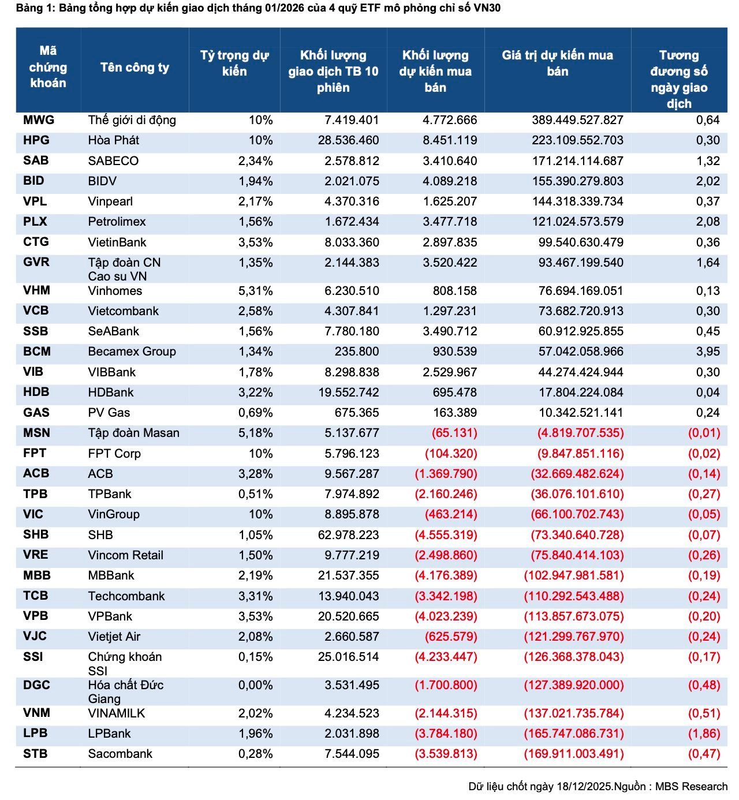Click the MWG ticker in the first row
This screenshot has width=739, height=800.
click(x=39, y=120)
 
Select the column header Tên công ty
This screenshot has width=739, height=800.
click(x=135, y=68)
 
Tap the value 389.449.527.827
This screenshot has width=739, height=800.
click(x=577, y=120)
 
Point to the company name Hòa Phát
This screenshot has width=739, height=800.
click(x=113, y=140)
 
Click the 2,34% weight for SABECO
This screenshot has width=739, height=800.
click(x=255, y=161)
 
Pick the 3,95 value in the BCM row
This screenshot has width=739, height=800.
click(x=708, y=352)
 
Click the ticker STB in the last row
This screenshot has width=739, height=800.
click(x=35, y=754)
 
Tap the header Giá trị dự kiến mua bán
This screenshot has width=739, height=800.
click(x=557, y=63)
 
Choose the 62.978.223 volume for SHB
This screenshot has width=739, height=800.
click(x=348, y=535)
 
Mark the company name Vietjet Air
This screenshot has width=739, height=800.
click(x=114, y=637)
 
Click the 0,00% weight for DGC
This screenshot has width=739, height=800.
click(x=255, y=685)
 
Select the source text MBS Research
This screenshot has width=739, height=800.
click(x=691, y=787)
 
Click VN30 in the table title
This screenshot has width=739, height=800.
click(x=487, y=8)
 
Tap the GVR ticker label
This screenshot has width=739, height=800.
click(x=36, y=262)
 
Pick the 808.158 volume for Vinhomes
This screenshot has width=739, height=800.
click(x=455, y=291)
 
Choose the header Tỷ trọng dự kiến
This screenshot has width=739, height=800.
click(x=234, y=63)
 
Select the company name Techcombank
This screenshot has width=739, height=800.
click(x=126, y=596)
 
